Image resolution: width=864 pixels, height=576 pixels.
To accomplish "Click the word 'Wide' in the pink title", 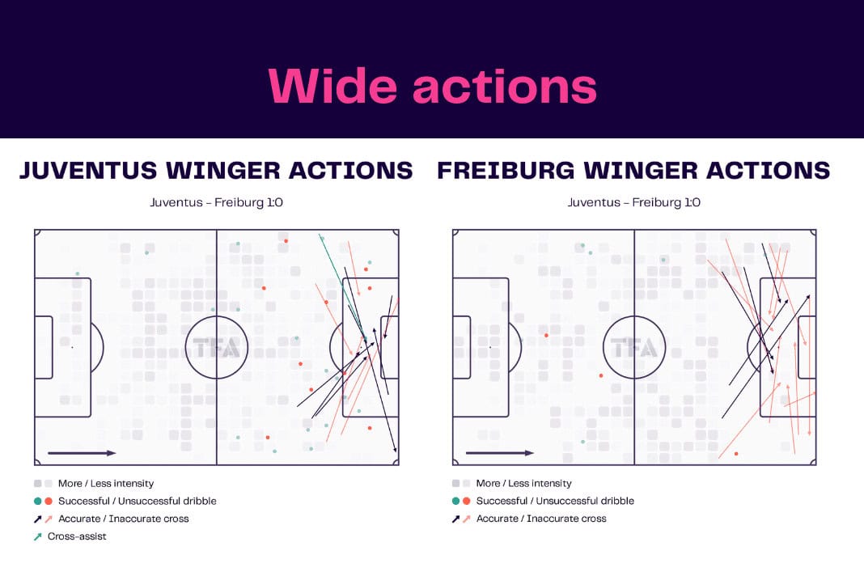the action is (332, 86).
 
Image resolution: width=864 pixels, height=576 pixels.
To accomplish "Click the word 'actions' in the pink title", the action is (505, 87).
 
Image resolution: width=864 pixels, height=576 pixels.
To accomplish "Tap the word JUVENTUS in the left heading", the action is (88, 171).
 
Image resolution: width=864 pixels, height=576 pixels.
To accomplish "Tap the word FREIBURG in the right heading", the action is (506, 171).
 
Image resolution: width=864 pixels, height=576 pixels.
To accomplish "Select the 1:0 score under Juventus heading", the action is (274, 202).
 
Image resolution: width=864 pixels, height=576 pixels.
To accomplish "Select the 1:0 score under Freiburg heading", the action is (692, 202).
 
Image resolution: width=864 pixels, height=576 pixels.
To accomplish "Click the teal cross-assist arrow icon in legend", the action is (37, 536).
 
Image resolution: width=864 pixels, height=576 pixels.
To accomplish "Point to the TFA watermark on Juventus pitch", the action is (217, 348).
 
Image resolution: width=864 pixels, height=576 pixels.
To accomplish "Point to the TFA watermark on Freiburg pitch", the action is (634, 348).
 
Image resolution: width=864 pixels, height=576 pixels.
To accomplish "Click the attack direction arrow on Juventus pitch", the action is (82, 453).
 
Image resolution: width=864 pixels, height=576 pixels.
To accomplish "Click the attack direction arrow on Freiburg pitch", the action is (500, 453).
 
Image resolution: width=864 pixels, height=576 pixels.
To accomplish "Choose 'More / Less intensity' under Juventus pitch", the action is (106, 484).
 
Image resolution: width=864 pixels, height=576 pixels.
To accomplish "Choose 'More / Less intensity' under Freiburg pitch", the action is (523, 484).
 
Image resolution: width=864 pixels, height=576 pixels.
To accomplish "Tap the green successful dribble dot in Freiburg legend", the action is (455, 501).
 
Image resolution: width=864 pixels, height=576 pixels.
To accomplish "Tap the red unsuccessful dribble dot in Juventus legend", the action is (49, 501).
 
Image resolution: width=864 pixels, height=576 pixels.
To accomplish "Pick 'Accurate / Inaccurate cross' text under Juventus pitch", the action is (124, 519).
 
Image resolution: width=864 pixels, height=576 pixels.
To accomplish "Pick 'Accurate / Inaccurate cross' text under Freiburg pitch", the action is (541, 519).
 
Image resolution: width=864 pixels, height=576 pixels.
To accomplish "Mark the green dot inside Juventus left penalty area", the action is (78, 274).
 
